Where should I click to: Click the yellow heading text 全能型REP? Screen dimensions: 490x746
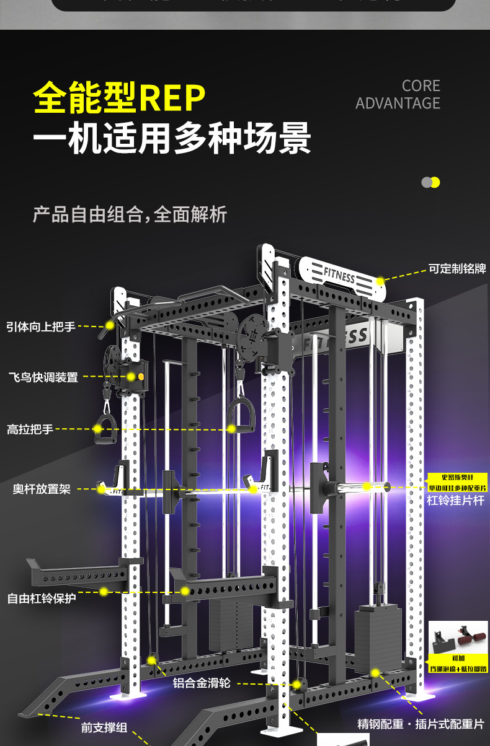pyautogui.click(x=119, y=99)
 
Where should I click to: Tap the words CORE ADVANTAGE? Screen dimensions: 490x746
pyautogui.click(x=398, y=94)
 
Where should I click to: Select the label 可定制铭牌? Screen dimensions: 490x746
pyautogui.click(x=457, y=269)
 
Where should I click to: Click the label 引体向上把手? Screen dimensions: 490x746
pyautogui.click(x=41, y=327)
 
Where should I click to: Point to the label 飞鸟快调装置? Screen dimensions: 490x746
pyautogui.click(x=43, y=377)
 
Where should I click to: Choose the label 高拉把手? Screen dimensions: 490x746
pyautogui.click(x=30, y=429)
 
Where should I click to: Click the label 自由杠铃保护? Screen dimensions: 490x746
pyautogui.click(x=42, y=599)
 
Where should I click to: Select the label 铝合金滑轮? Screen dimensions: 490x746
pyautogui.click(x=202, y=683)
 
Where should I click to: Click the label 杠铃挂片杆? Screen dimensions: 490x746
pyautogui.click(x=455, y=500)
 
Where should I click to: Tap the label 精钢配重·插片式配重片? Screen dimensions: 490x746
pyautogui.click(x=421, y=724)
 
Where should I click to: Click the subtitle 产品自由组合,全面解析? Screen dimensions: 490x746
pyautogui.click(x=130, y=214)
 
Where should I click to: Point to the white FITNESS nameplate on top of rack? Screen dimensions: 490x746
pyautogui.click(x=340, y=274)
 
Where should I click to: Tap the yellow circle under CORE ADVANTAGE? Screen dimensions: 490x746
pyautogui.click(x=435, y=182)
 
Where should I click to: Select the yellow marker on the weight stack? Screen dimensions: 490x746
pyautogui.click(x=375, y=672)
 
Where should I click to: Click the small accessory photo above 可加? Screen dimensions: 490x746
pyautogui.click(x=457, y=637)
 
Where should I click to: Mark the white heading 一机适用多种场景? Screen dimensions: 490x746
pyautogui.click(x=172, y=137)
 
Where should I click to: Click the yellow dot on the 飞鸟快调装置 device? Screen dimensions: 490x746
pyautogui.click(x=132, y=376)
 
